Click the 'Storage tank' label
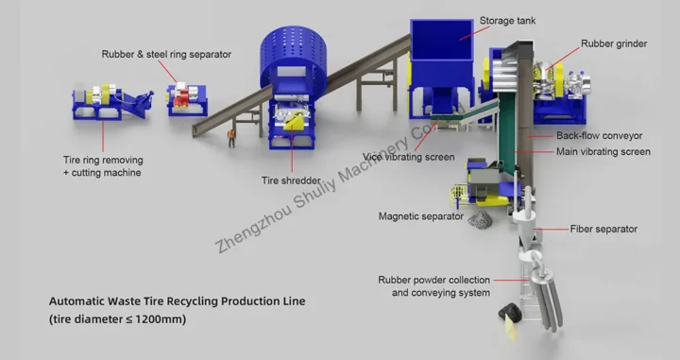pos(510,20)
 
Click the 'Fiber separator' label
pos(603,229)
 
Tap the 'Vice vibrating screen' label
pos(409,157)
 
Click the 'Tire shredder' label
pos(291,180)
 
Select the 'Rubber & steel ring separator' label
pos(166,54)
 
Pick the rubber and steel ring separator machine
pos(189,97)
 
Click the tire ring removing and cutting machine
pos(104,104)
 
